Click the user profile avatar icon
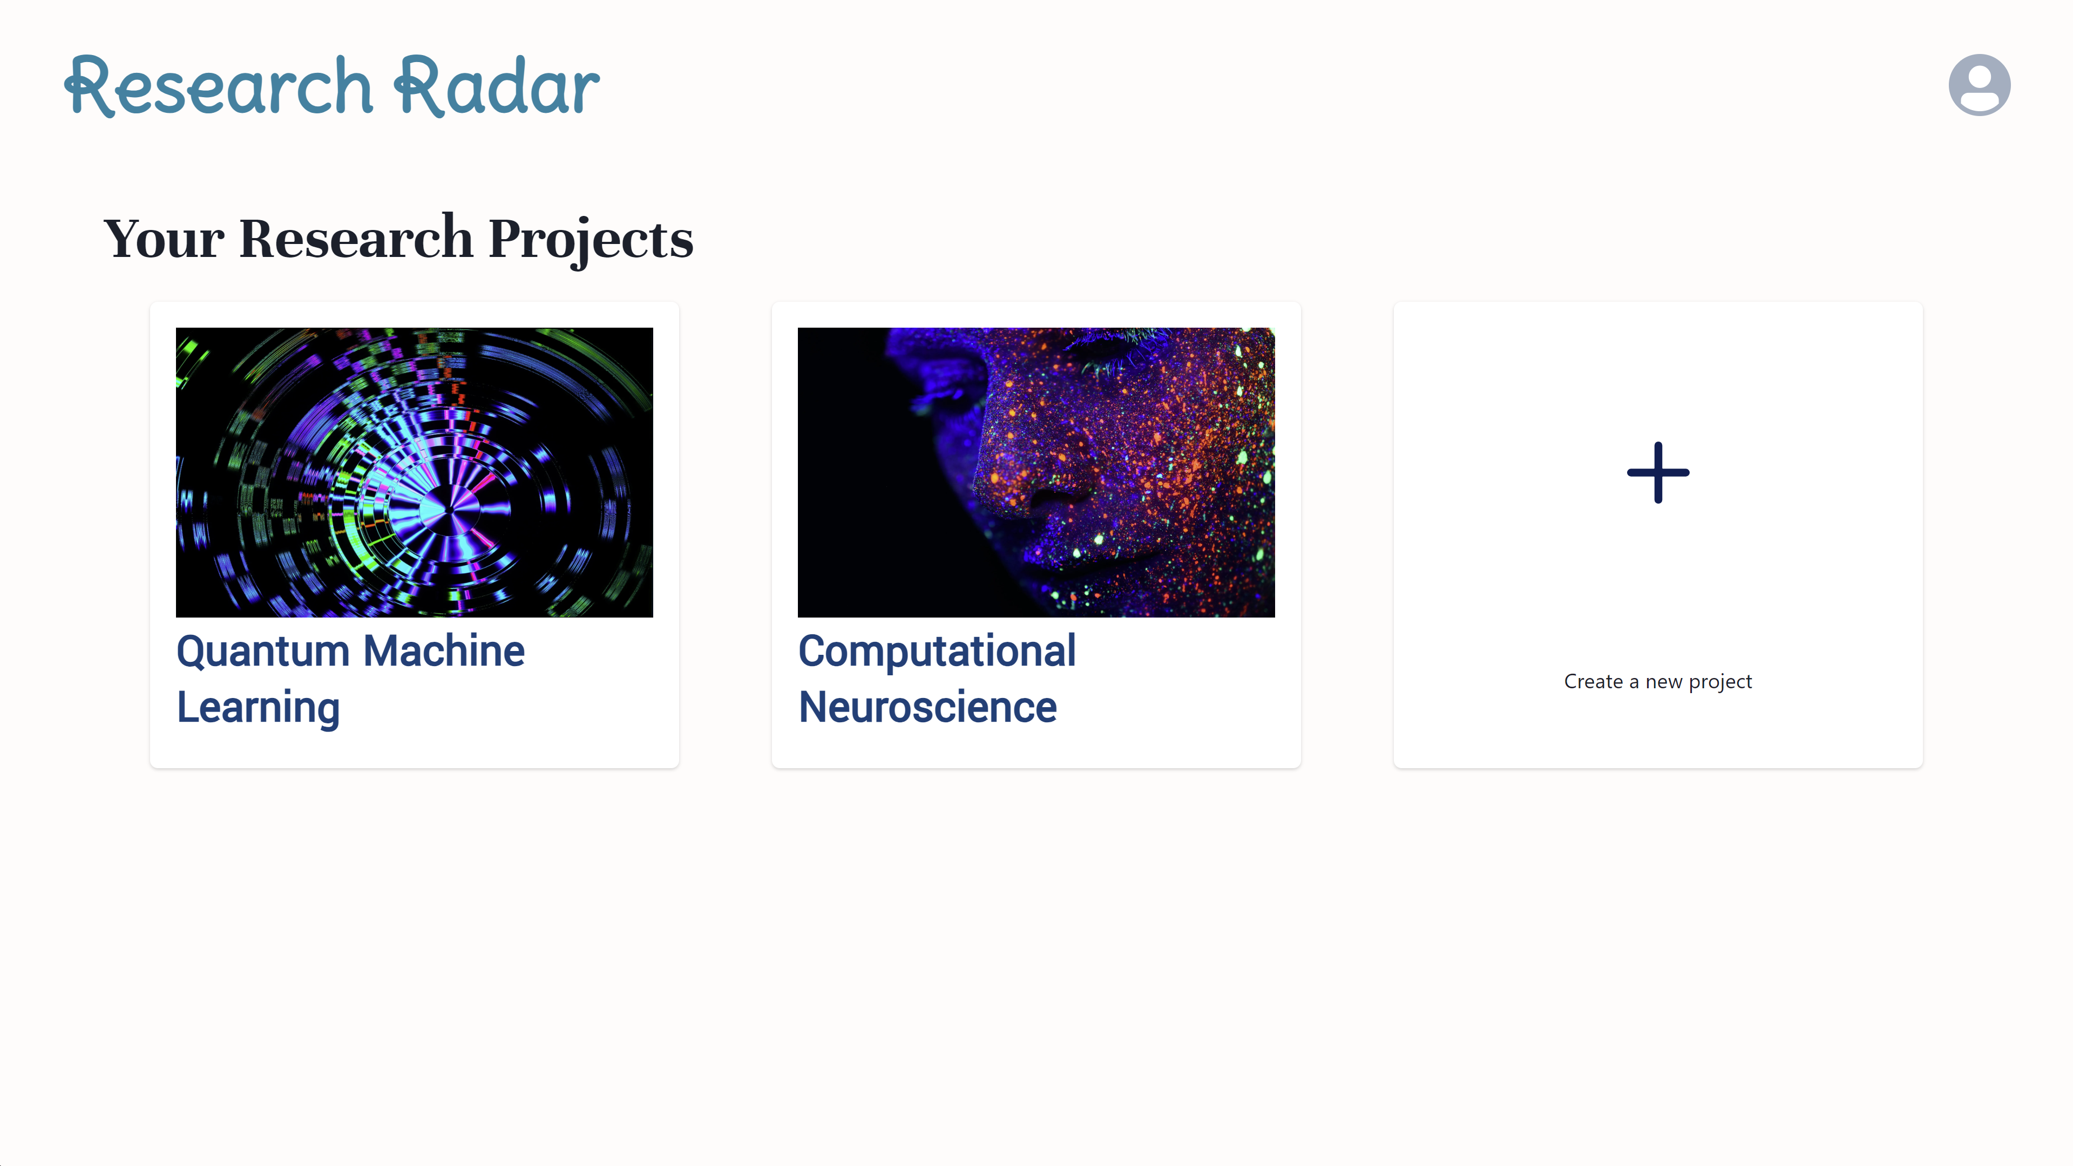pyautogui.click(x=1979, y=85)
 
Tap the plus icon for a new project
pyautogui.click(x=1658, y=472)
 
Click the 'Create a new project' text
pyautogui.click(x=1658, y=682)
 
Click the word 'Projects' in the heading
pyautogui.click(x=591, y=239)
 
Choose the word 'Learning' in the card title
pyautogui.click(x=259, y=708)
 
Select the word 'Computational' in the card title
pyautogui.click(x=937, y=651)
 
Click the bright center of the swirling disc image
pyautogui.click(x=448, y=509)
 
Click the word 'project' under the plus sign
pyautogui.click(x=1720, y=682)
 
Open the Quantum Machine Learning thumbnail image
pyautogui.click(x=415, y=472)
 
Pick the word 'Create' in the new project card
pyautogui.click(x=1594, y=682)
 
